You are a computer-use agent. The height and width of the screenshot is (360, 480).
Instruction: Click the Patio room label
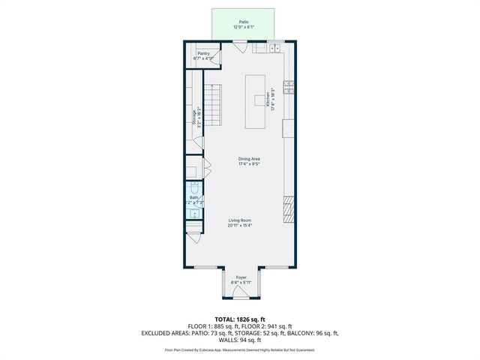click(x=244, y=23)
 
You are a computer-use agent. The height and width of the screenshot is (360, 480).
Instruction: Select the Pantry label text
click(x=203, y=54)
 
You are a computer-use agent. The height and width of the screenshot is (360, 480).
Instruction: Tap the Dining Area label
click(x=249, y=159)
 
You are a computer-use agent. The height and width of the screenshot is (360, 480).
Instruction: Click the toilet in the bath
click(x=195, y=188)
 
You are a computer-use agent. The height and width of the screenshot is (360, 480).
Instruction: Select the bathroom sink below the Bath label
click(x=194, y=214)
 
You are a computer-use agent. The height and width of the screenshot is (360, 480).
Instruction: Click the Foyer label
click(x=241, y=277)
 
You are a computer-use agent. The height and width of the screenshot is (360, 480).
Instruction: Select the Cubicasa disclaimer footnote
click(x=240, y=349)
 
